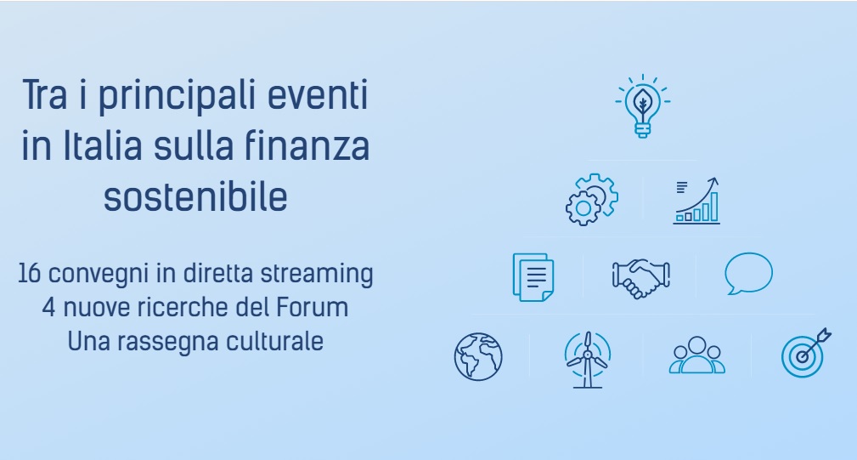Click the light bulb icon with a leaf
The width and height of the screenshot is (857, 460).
pos(643,106)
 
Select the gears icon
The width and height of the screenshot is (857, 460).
pos(591,199)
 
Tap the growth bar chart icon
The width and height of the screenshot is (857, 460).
pos(696,201)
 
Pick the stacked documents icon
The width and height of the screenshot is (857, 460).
pos(533,277)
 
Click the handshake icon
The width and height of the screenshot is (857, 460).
pos(640,278)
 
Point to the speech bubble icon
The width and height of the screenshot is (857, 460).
pos(748,273)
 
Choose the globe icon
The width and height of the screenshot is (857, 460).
pos(478,356)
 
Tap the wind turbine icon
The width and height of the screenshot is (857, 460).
pos(587,360)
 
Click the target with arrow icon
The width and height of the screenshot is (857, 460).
pos(806,354)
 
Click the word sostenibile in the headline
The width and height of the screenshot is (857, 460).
pos(195,197)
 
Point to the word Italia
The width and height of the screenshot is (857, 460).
pos(103,146)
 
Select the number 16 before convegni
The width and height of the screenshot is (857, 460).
pos(30,274)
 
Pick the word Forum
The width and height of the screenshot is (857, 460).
pos(312,308)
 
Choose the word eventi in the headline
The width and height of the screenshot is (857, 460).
pos(318,94)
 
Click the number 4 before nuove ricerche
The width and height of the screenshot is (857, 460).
pos(48,308)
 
